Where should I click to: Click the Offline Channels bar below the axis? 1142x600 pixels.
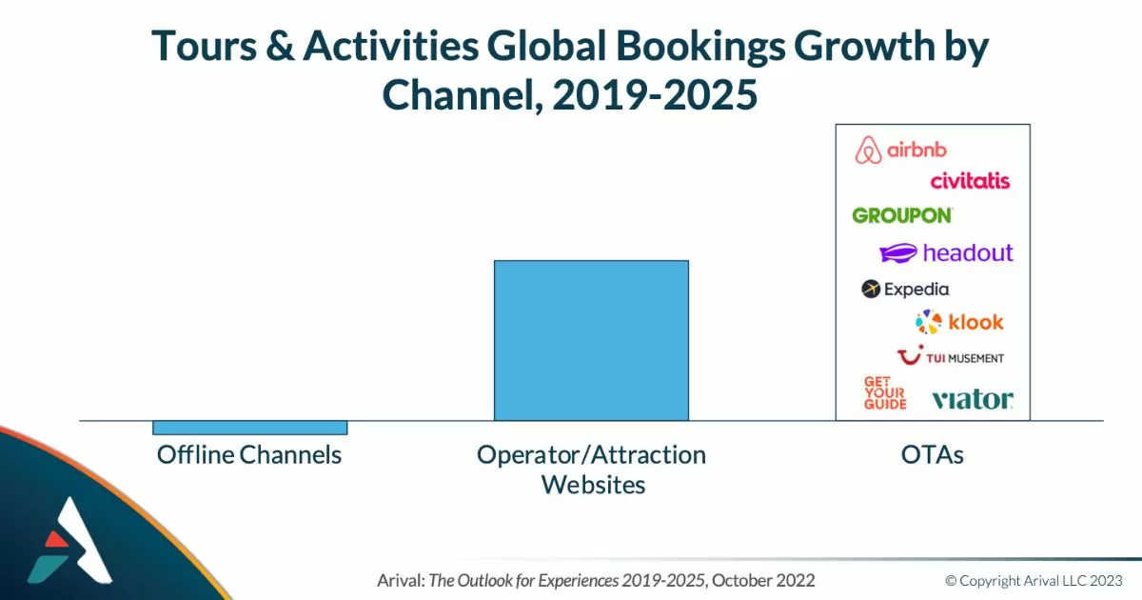[x=250, y=428]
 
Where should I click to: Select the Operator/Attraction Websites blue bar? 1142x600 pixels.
[x=591, y=340]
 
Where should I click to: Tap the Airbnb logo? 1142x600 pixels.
[x=901, y=150]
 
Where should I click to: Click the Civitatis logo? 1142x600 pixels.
[x=970, y=181]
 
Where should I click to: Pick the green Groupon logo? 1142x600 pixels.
[x=902, y=215]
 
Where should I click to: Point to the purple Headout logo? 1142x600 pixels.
[x=947, y=253]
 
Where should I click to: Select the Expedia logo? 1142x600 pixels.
[x=905, y=289]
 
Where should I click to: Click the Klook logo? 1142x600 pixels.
[x=959, y=322]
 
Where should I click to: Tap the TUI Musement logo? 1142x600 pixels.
[x=951, y=357]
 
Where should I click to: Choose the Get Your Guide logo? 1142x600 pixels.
[x=884, y=392]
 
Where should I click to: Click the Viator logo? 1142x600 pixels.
[x=972, y=399]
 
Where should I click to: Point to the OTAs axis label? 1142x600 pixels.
[x=933, y=454]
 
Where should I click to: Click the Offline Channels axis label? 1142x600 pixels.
[x=249, y=454]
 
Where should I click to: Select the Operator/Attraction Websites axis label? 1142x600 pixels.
[x=591, y=470]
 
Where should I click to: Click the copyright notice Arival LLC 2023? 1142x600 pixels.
[x=1034, y=580]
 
